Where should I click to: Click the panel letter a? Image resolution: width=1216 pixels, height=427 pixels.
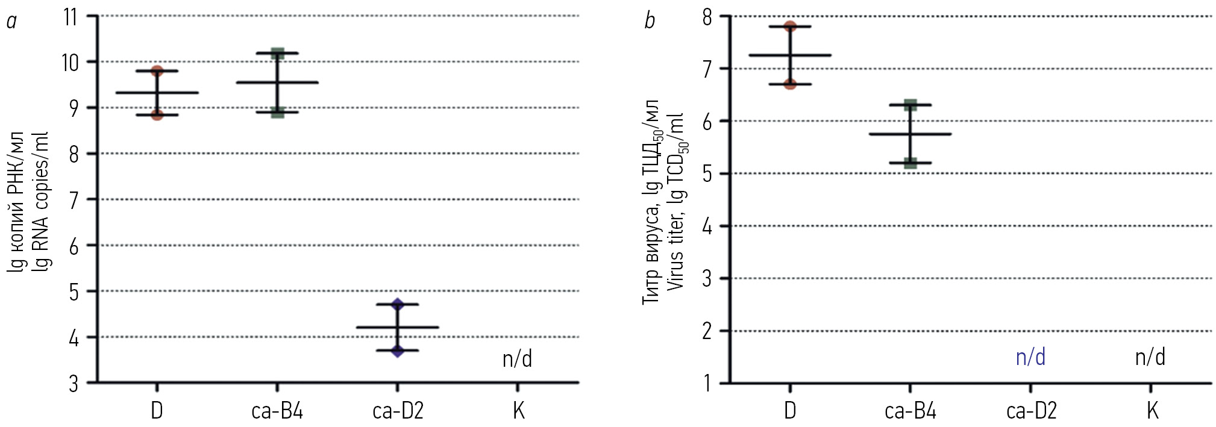tap(11, 22)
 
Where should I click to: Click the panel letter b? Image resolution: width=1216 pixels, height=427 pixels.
tap(650, 22)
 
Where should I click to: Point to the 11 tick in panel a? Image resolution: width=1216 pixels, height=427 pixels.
tap(71, 17)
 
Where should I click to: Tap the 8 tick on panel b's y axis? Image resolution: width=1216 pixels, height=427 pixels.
tap(707, 17)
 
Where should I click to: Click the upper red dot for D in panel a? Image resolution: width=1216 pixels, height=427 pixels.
tap(157, 71)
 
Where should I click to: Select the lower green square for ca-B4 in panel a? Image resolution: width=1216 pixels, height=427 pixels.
tap(277, 112)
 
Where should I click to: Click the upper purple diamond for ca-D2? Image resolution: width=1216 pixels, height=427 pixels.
tap(397, 304)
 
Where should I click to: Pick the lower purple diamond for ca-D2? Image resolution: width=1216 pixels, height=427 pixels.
tap(397, 350)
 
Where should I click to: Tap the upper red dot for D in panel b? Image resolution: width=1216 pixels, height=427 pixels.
tap(790, 26)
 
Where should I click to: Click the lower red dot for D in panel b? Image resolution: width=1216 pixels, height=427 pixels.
tap(790, 84)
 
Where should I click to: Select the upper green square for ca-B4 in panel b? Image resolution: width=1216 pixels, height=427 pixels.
tap(910, 105)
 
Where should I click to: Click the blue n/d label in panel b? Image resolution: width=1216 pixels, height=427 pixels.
tap(1030, 357)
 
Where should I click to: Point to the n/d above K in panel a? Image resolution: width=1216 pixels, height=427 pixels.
tap(517, 359)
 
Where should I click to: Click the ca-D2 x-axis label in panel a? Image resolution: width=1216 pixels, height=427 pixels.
tap(398, 411)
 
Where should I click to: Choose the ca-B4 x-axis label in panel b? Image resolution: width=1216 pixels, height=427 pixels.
tap(910, 411)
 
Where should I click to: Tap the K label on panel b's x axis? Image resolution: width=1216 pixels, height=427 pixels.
tap(1152, 411)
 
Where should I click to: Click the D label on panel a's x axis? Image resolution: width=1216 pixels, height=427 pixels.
tap(157, 411)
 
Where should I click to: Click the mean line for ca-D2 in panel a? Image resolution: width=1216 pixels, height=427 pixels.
tap(397, 327)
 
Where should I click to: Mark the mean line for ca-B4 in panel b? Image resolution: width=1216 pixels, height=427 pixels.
tap(910, 134)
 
